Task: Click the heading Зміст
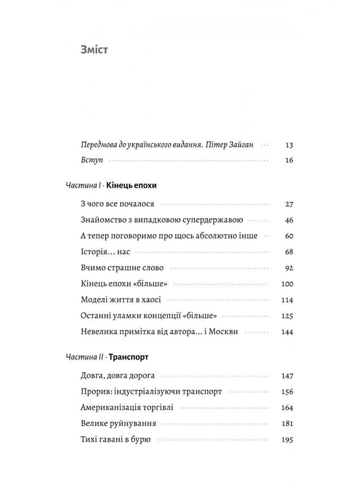pos(94,50)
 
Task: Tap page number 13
pos(289,145)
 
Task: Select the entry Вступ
pos(92,161)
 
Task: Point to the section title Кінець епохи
pos(132,186)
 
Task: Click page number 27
pos(289,204)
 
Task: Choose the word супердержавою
pos(213,220)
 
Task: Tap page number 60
pos(289,236)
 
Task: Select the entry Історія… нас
pos(105,252)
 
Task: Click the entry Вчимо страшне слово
pos(122,268)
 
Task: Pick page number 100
pos(287,284)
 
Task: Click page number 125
pos(287,316)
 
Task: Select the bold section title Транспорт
pos(128,357)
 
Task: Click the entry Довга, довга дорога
pos(118,376)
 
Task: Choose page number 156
pos(287,392)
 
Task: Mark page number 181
pos(287,424)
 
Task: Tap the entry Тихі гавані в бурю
pos(115,440)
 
